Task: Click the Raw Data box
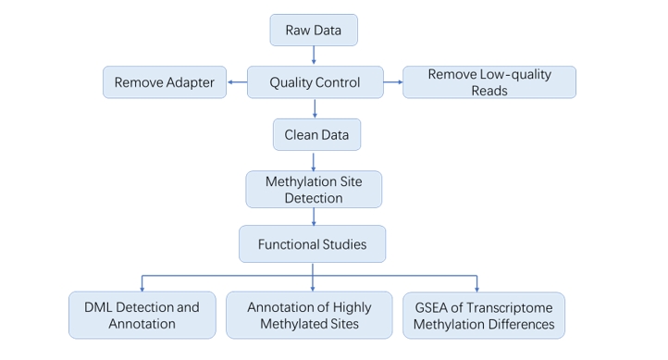313,30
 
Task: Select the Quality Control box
314,82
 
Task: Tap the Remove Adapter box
164,82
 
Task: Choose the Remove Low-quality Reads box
489,82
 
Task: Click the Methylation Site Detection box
314,189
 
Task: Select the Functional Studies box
313,244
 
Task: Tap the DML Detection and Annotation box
142,315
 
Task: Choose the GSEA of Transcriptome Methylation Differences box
483,315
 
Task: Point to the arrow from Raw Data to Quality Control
314,56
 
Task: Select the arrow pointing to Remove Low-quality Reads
393,82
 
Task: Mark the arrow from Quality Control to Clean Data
315,108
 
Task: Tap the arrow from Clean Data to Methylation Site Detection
315,161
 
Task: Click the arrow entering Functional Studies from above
315,217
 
